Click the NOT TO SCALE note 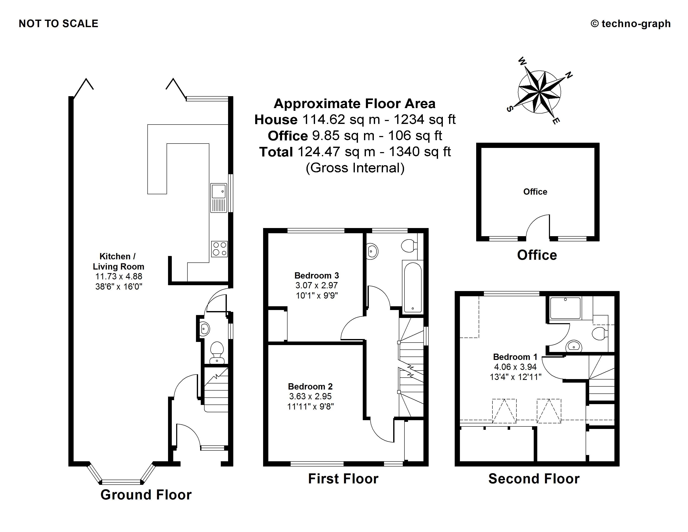[x=59, y=24]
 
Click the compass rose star [x=540, y=92]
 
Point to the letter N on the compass [x=569, y=75]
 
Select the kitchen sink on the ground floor [x=219, y=198]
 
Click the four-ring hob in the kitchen [x=219, y=249]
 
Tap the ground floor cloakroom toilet [x=217, y=353]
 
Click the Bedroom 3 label [x=317, y=275]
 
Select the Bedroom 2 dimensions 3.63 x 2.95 [x=310, y=396]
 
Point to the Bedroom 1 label [x=515, y=357]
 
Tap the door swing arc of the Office [x=538, y=225]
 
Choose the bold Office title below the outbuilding [x=537, y=255]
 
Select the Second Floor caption [x=534, y=479]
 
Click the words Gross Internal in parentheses [x=355, y=168]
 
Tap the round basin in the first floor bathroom [x=372, y=251]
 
